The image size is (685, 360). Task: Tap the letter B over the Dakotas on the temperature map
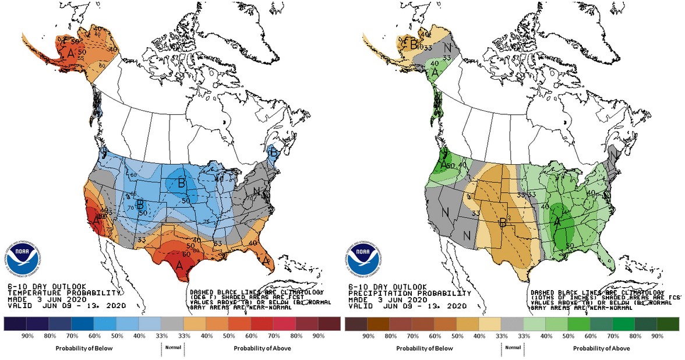(182, 182)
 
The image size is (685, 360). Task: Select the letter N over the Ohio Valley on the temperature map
(255, 191)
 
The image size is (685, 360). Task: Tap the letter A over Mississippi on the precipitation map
(557, 222)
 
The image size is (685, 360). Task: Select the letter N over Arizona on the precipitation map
(467, 235)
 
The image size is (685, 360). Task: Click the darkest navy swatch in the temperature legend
(16, 324)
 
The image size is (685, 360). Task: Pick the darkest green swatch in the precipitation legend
(669, 324)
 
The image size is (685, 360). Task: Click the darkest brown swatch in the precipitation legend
(356, 324)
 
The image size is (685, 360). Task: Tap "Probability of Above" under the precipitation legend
(600, 348)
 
